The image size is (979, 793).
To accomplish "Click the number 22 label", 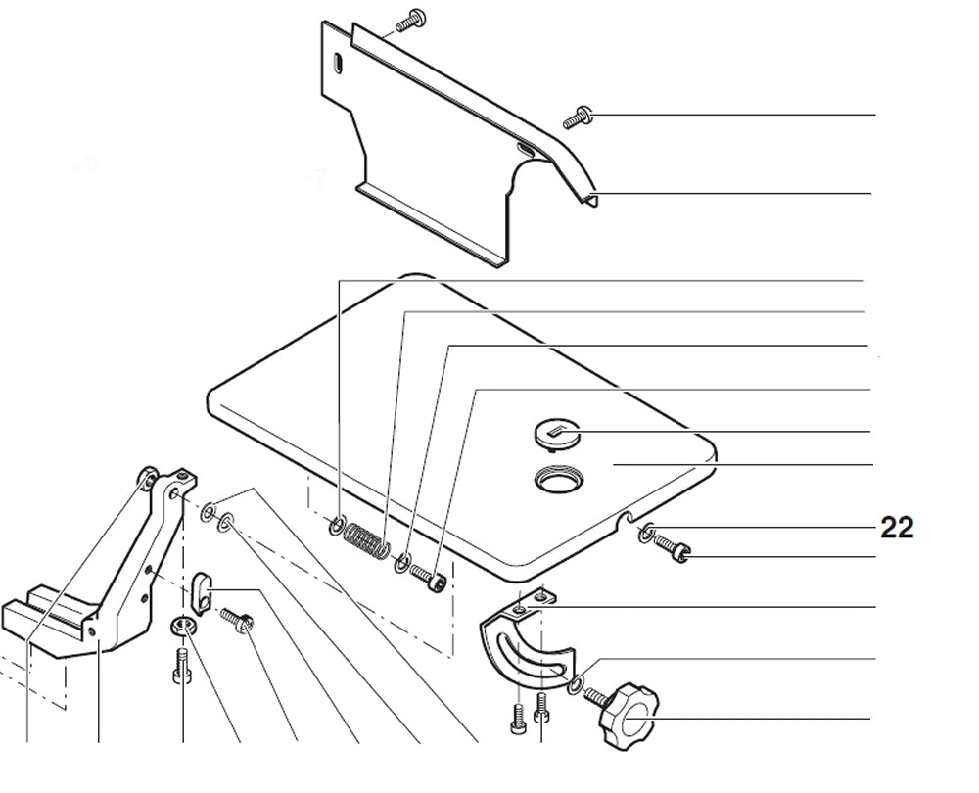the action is [x=897, y=528].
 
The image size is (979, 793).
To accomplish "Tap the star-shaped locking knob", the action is [x=629, y=717].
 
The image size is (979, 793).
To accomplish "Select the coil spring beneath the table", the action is [x=367, y=540].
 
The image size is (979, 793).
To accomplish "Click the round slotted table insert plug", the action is [x=558, y=434].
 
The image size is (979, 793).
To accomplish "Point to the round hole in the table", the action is [x=559, y=480].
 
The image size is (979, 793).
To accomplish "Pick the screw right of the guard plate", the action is [x=579, y=117].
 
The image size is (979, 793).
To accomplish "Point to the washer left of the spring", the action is [x=337, y=525].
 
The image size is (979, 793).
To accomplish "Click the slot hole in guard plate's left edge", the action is [x=338, y=65].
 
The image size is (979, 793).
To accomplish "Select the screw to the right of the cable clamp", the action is [x=237, y=620].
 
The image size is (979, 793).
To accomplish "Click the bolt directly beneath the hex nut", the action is [x=181, y=666].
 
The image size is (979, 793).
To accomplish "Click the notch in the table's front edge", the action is [x=626, y=517].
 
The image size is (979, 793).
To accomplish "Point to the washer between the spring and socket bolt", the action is [x=402, y=563].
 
